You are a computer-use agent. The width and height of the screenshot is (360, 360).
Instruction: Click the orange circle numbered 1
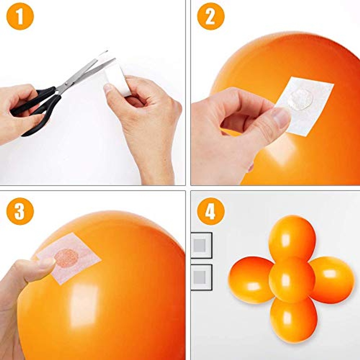click(x=20, y=16)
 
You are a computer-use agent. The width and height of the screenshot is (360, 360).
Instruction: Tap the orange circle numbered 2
click(x=211, y=16)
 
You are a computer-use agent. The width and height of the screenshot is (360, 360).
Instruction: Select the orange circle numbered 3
click(x=20, y=211)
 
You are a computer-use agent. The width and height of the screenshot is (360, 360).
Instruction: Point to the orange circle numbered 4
click(x=211, y=211)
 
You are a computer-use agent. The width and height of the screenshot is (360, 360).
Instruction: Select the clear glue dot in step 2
click(x=301, y=99)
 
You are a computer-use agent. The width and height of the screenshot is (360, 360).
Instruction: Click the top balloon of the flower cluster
click(x=292, y=239)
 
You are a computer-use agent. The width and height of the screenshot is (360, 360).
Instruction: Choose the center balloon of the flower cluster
click(x=292, y=280)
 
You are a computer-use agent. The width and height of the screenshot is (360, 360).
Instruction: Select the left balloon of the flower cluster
click(x=251, y=280)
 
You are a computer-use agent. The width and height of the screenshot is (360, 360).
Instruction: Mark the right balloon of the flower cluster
click(x=332, y=280)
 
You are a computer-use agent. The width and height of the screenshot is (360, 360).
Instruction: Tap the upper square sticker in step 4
click(x=201, y=245)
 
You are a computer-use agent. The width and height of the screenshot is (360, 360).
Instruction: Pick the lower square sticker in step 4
click(x=201, y=277)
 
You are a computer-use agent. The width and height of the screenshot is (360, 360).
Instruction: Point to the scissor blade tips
click(x=110, y=56)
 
